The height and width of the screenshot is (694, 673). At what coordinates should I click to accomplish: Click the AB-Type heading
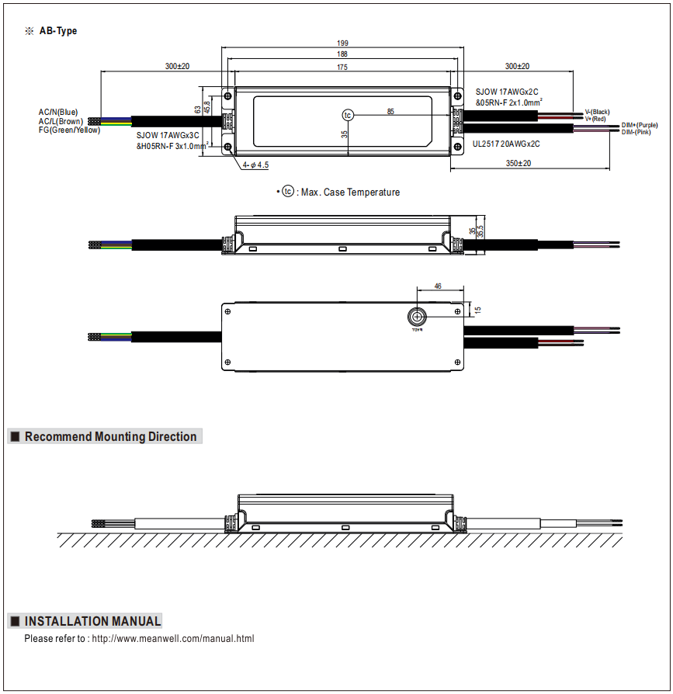click(x=58, y=31)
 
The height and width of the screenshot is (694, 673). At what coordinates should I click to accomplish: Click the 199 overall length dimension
click(x=342, y=43)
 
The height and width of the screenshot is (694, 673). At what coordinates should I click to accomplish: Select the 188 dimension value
click(x=342, y=54)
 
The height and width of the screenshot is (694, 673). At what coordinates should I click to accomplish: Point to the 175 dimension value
click(x=342, y=68)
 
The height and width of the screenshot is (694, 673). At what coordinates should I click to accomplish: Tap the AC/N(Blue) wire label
click(x=58, y=113)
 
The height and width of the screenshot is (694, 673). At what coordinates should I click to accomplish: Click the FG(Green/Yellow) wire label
click(x=69, y=130)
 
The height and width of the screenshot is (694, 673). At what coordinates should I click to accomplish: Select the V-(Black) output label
click(x=597, y=112)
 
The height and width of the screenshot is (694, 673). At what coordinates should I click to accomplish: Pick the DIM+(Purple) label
click(x=640, y=125)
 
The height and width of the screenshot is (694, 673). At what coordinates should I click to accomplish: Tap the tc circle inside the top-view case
click(x=348, y=115)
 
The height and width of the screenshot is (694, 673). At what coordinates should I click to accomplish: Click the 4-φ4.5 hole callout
click(x=255, y=165)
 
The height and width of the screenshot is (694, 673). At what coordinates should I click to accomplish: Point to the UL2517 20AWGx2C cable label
click(x=506, y=144)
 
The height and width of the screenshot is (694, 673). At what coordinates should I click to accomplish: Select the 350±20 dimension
click(x=518, y=164)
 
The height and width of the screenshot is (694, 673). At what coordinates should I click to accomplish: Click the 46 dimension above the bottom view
click(x=438, y=287)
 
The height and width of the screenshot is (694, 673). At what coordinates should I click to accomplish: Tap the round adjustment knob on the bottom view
click(x=418, y=316)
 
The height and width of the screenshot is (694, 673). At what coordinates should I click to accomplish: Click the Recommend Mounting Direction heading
click(x=110, y=436)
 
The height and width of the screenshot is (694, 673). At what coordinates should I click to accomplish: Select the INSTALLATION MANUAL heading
click(x=92, y=621)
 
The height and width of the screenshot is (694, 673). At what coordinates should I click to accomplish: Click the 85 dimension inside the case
click(x=390, y=112)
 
